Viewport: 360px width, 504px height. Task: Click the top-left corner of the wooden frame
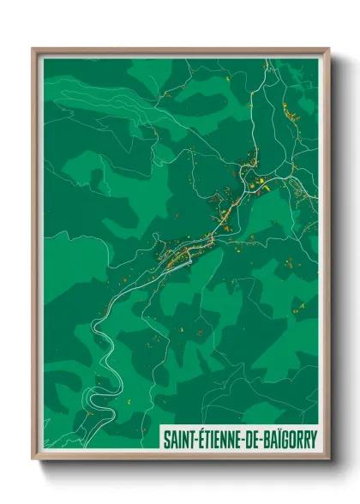click(x=33, y=48)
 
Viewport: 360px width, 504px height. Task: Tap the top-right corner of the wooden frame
click(x=329, y=48)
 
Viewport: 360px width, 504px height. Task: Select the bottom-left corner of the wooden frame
click(x=33, y=460)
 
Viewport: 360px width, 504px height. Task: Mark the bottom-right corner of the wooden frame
click(x=329, y=460)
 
